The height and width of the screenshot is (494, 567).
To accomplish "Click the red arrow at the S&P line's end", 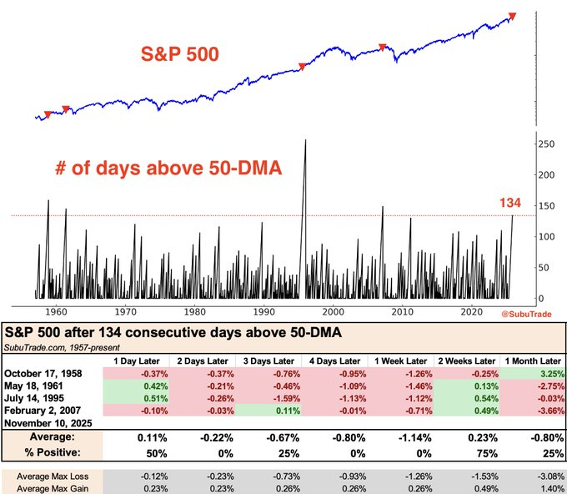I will [511, 16].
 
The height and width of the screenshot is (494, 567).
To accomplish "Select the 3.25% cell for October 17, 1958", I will [531, 373].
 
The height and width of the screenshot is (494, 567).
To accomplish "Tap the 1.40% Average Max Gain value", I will [531, 486].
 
